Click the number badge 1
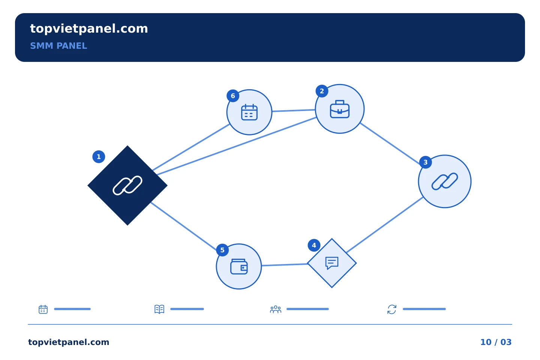pyautogui.click(x=99, y=157)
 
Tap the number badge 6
pyautogui.click(x=233, y=96)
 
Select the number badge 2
pyautogui.click(x=322, y=91)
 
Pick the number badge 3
pyautogui.click(x=426, y=162)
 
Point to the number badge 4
pyautogui.click(x=314, y=245)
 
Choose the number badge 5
pyautogui.click(x=222, y=250)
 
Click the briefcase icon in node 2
pyautogui.click(x=340, y=109)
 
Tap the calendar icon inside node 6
pyautogui.click(x=249, y=112)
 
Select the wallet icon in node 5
pyautogui.click(x=239, y=267)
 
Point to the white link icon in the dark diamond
pyautogui.click(x=127, y=185)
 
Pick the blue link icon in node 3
pyautogui.click(x=444, y=181)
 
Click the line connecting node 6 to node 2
pyautogui.click(x=294, y=110)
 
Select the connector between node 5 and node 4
pyautogui.click(x=285, y=265)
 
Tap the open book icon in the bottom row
pyautogui.click(x=159, y=309)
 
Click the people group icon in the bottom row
pyautogui.click(x=276, y=309)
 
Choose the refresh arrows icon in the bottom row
pyautogui.click(x=392, y=309)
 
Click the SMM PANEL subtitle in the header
pyautogui.click(x=58, y=46)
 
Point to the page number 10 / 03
pyautogui.click(x=496, y=342)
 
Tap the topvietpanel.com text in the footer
pyautogui.click(x=69, y=342)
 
